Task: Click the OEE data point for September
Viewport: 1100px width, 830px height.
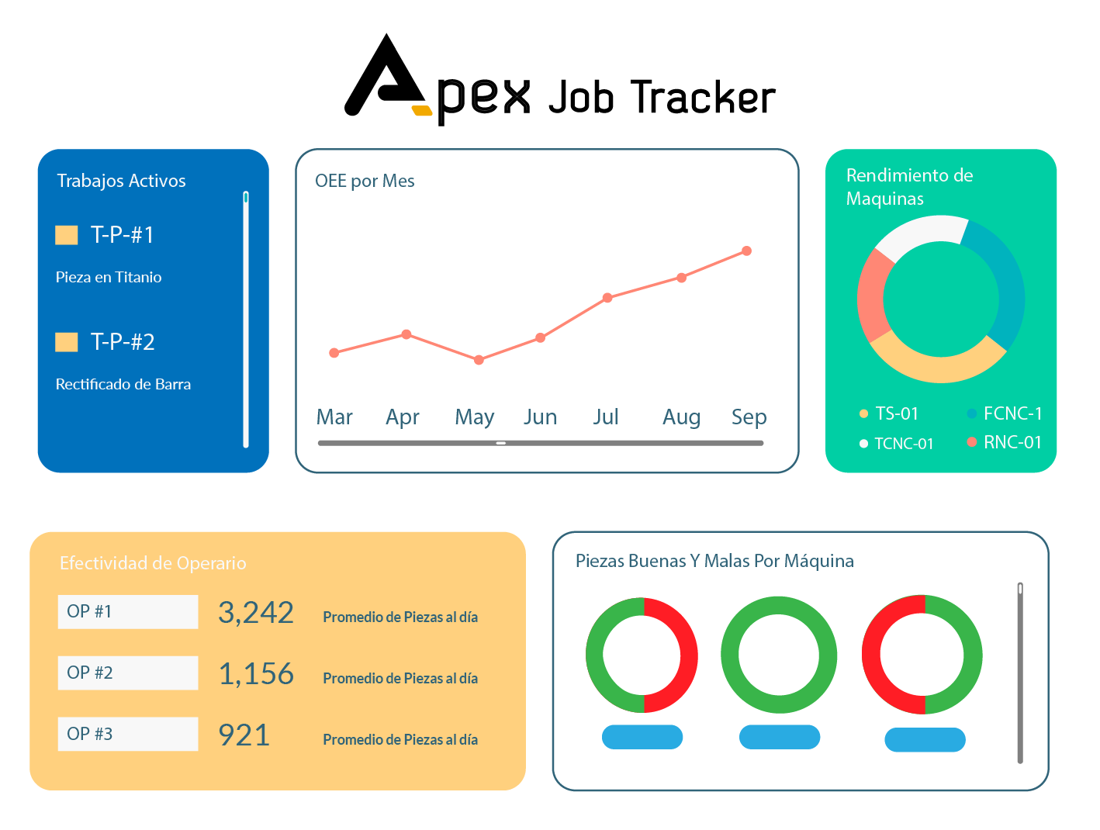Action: (x=746, y=251)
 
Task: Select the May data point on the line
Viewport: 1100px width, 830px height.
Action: (x=479, y=360)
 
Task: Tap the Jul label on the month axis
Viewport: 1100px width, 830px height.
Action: (x=605, y=417)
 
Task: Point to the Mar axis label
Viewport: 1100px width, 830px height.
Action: (x=334, y=417)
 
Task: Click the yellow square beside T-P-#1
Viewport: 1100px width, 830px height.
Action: (x=67, y=235)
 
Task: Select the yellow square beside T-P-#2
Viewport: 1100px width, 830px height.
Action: (x=67, y=342)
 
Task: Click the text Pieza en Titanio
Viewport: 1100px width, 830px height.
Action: (x=109, y=277)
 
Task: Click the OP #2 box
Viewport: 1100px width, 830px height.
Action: (x=127, y=673)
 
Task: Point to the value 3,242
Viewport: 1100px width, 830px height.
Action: (x=256, y=613)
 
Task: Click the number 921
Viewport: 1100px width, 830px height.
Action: (x=244, y=735)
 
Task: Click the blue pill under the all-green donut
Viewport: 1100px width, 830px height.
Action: (x=779, y=737)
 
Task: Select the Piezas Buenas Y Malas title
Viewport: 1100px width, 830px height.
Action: (x=714, y=561)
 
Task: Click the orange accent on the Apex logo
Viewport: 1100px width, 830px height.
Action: (x=421, y=110)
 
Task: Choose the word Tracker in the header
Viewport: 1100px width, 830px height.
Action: (x=703, y=98)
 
